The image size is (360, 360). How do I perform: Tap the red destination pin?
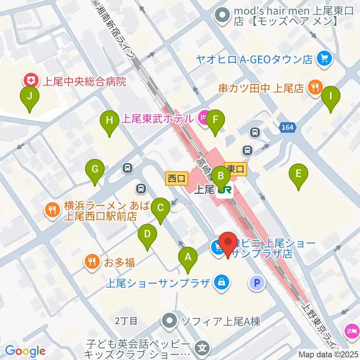click(x=228, y=244)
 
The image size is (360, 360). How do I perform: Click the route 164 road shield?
click(x=288, y=127)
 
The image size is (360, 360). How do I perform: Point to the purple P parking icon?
click(x=257, y=283)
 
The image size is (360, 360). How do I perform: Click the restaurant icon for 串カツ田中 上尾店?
click(x=313, y=88)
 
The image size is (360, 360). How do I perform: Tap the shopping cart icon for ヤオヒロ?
click(x=323, y=58)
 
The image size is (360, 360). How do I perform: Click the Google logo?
click(x=25, y=351)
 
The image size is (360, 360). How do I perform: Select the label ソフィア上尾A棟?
click(x=220, y=321)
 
